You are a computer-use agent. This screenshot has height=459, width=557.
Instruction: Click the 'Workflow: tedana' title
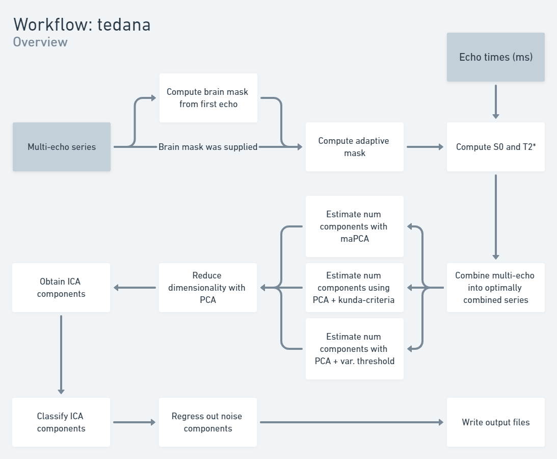coord(82,24)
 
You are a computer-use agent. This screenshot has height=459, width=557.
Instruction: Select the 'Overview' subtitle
coord(40,42)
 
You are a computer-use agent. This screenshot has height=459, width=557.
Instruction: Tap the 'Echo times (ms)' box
coord(495,57)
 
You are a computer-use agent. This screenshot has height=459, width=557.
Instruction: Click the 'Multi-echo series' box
coord(61,147)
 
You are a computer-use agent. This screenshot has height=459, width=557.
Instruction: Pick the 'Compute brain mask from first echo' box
coord(208,98)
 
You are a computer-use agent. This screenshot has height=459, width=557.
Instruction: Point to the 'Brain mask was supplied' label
coord(208,147)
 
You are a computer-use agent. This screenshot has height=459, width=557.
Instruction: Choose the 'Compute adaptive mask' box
coord(354,147)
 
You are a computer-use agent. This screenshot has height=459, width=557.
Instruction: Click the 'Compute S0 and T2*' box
coord(495,147)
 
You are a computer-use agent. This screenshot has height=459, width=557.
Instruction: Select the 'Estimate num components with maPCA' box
coord(354,226)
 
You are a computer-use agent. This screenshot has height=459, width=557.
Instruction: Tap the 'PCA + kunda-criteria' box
coord(354,288)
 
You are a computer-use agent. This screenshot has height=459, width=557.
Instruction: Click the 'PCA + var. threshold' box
coord(354,349)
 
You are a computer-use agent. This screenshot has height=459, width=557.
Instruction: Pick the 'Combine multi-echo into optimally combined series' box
coord(495,288)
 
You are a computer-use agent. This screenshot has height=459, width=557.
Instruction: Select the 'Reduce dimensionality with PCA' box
coord(208,288)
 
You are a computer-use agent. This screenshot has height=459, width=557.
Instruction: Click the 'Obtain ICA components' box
coord(61,288)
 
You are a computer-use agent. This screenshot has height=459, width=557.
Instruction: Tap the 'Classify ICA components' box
coord(61,422)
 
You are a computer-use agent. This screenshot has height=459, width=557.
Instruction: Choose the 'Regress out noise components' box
coord(208,422)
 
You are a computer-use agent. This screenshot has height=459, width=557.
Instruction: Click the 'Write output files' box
coord(495,422)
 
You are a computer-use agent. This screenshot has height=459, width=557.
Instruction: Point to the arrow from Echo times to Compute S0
coord(495,102)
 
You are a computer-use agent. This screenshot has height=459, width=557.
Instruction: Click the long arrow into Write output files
coord(352,422)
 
